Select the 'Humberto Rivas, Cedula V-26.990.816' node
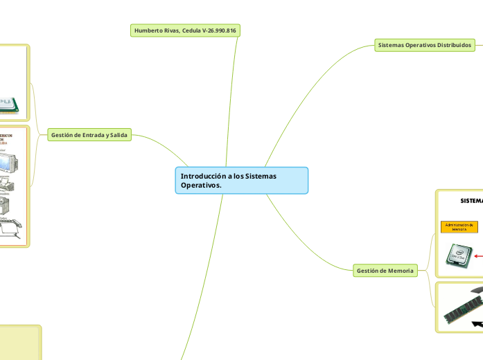pyautogui.click(x=186, y=31)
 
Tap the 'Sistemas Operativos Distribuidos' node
pyautogui.click(x=424, y=45)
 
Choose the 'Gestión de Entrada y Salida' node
pyautogui.click(x=90, y=135)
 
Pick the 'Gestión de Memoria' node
pyautogui.click(x=385, y=271)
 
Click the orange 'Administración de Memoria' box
pyautogui.click(x=459, y=226)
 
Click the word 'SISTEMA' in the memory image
pyautogui.click(x=472, y=201)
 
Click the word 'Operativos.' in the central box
pyautogui.click(x=202, y=186)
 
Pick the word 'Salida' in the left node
pyautogui.click(x=117, y=135)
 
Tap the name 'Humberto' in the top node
pyautogui.click(x=149, y=31)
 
